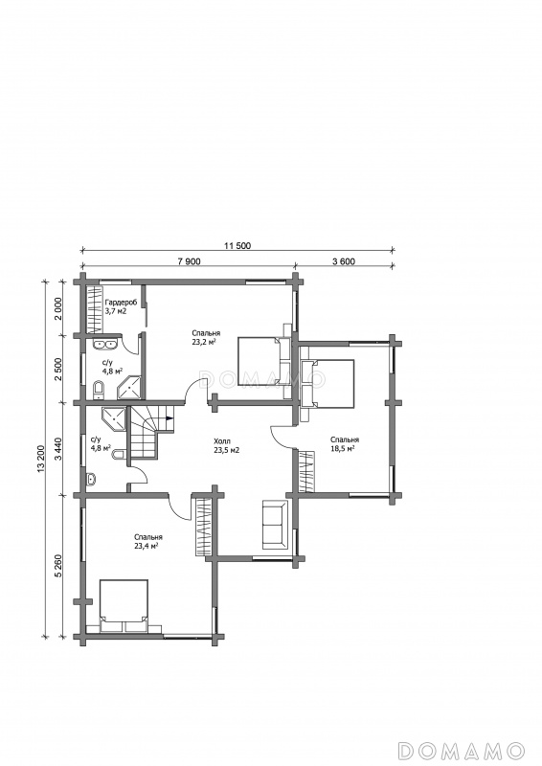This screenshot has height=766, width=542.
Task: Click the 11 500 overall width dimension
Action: coord(237,246)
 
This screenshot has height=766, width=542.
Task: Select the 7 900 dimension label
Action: coord(189,261)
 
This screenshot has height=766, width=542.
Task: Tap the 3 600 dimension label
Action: coord(344,261)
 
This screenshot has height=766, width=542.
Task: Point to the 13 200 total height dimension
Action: coord(40,459)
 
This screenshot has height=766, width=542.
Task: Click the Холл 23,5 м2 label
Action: coord(226,446)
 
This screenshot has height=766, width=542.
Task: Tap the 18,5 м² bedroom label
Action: coord(343,448)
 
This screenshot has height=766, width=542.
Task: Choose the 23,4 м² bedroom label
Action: coord(147,546)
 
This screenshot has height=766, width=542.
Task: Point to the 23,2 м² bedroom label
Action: coord(204,342)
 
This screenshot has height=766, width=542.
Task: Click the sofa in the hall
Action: coord(275,524)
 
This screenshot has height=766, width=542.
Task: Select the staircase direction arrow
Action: coord(169,418)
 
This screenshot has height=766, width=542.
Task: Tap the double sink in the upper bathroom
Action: coord(104,344)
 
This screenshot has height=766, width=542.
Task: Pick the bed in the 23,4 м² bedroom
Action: coord(124,606)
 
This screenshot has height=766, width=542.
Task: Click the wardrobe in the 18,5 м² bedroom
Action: coord(305,471)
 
